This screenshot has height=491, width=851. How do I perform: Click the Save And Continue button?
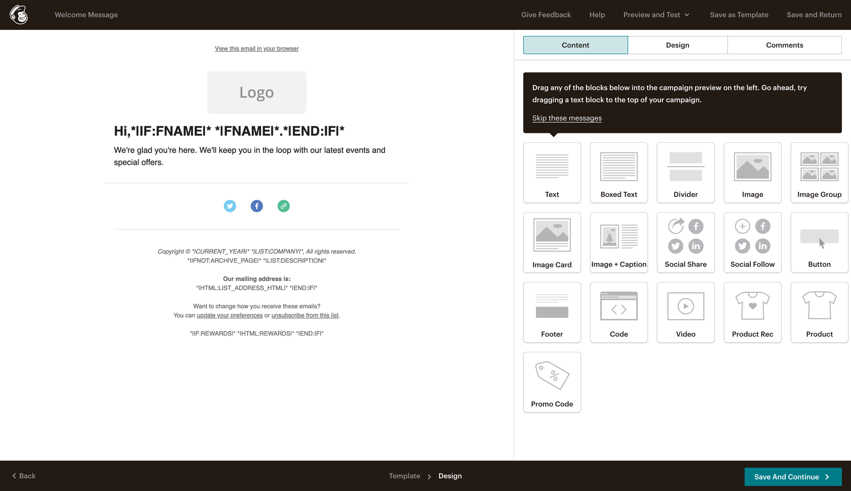[x=793, y=476]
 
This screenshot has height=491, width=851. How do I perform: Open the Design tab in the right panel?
[x=677, y=45]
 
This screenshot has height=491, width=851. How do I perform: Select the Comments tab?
[x=785, y=45]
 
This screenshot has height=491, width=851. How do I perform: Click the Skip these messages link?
[x=567, y=118]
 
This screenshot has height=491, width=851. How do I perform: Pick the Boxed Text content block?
[x=619, y=173]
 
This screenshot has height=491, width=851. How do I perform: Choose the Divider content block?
[x=686, y=173]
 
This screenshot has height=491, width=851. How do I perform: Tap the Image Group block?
[x=820, y=173]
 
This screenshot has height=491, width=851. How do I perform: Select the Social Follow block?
[x=753, y=242]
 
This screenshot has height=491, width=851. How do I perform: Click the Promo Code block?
[x=552, y=382]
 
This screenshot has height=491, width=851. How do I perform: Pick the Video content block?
[x=686, y=312]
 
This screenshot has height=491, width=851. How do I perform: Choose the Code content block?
[x=619, y=312]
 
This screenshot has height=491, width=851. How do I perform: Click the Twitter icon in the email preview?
[x=230, y=206]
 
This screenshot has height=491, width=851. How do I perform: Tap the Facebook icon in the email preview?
[x=257, y=206]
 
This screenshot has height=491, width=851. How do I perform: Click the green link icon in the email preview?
[x=284, y=206]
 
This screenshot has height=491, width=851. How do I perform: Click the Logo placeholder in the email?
[x=257, y=93]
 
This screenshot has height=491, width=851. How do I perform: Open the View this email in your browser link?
[x=257, y=49]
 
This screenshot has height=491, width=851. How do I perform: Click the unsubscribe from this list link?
[x=305, y=315]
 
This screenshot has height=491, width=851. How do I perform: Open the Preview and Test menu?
[x=656, y=15]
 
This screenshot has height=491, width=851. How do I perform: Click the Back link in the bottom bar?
[x=24, y=476]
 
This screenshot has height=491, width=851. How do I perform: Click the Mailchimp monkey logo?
[x=19, y=15]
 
